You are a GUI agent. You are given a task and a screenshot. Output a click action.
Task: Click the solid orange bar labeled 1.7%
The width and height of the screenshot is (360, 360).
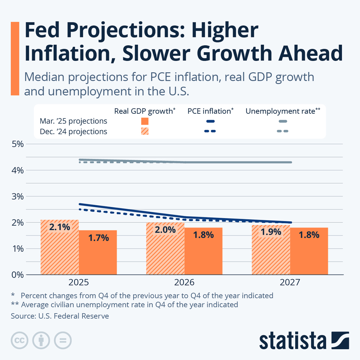coord(98,252)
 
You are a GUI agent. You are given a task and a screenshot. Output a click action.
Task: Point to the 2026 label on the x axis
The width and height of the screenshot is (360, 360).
coord(184,282)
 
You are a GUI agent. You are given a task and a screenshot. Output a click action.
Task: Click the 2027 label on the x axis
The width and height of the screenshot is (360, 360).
coord(290,282)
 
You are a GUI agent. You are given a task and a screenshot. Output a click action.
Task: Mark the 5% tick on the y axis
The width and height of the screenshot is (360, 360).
coord(17,144)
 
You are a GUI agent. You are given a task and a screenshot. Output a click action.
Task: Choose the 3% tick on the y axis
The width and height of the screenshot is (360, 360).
coord(17,197)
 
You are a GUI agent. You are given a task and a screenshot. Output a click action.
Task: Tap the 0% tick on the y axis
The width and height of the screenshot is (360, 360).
coord(17,275)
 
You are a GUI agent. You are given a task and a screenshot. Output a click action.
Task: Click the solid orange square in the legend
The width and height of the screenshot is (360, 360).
coord(145,121)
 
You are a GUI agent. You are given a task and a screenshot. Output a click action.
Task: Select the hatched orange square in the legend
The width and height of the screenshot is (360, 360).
coord(145,131)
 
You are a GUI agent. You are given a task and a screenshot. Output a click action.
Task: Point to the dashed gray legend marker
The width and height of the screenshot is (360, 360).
coord(283,131)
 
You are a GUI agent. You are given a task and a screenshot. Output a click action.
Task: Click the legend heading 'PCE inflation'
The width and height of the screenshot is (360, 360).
coord(209,111)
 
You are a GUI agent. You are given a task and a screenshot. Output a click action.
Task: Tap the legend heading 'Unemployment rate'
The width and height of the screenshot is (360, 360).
coord(281,111)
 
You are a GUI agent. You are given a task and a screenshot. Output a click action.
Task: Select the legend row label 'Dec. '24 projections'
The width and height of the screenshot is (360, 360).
coord(73,131)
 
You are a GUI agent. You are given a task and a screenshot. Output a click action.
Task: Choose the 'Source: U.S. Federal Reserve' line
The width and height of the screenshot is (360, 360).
coord(60,316)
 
